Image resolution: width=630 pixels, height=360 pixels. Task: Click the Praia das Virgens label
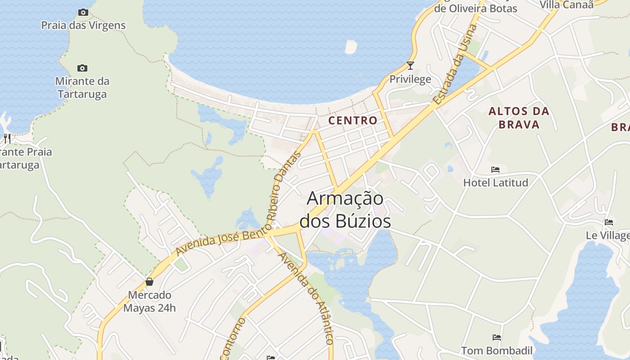[x=83, y=25]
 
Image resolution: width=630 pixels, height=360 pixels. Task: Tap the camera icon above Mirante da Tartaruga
[x=82, y=68]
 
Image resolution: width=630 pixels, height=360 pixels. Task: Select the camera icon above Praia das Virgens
[x=83, y=13]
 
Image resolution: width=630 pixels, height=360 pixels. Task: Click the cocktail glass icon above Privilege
[x=410, y=66]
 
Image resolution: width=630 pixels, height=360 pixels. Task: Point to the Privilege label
[x=410, y=79]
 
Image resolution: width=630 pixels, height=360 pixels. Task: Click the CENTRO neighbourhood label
[x=353, y=120]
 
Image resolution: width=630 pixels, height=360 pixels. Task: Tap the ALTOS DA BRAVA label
[x=519, y=117]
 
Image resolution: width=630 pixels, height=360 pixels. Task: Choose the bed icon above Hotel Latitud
[x=495, y=170]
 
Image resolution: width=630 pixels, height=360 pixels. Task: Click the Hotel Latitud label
[x=495, y=183]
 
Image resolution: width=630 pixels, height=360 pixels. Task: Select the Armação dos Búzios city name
[x=345, y=210]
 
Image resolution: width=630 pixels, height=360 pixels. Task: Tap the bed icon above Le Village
[x=609, y=222]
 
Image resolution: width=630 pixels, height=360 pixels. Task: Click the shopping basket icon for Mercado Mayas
[x=149, y=282]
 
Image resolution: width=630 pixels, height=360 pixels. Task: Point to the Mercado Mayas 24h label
[x=149, y=301]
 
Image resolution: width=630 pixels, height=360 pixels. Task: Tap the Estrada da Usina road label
[x=454, y=65]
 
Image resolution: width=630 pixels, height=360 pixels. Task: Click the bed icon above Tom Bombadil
[x=497, y=337]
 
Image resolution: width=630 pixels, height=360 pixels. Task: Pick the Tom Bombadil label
[x=497, y=351]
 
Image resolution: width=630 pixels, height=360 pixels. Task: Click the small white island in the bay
[x=350, y=46]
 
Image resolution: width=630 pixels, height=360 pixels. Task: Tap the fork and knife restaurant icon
[x=7, y=138]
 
